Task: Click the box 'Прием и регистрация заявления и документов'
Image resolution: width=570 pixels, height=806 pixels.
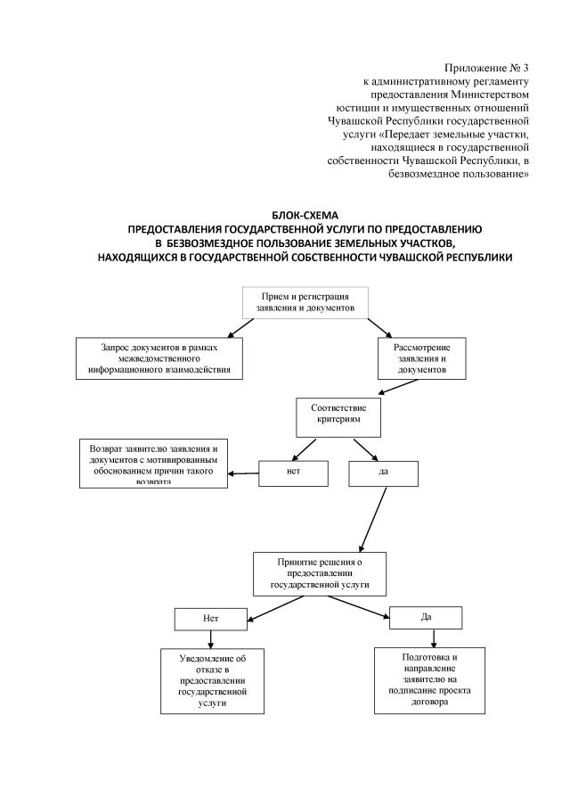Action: pyautogui.click(x=305, y=301)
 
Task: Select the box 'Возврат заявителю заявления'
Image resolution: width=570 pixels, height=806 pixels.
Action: pyautogui.click(x=153, y=464)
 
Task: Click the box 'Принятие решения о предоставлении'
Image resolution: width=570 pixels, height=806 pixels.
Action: pyautogui.click(x=320, y=574)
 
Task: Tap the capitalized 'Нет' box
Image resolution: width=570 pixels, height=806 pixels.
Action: pyautogui.click(x=210, y=617)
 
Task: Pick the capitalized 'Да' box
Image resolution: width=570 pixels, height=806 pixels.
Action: pyautogui.click(x=426, y=617)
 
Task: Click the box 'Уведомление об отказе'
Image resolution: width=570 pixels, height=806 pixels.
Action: pyautogui.click(x=212, y=679)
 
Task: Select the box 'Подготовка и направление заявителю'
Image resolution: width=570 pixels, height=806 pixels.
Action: pyautogui.click(x=429, y=679)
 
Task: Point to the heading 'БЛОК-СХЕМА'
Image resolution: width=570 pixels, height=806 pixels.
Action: pyautogui.click(x=305, y=215)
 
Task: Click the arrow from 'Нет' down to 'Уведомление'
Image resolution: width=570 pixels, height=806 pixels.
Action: pyautogui.click(x=210, y=637)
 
